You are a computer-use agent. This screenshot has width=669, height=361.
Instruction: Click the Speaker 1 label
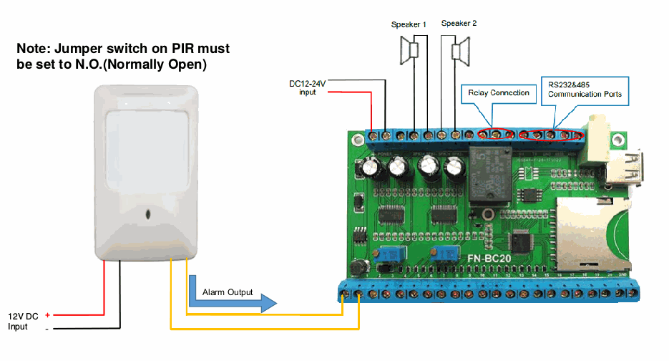point(409,24)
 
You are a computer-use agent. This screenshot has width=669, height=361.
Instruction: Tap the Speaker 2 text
point(459,23)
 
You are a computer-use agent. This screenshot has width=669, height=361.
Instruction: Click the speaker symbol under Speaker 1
point(410,52)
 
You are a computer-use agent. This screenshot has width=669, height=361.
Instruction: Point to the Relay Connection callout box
point(499,92)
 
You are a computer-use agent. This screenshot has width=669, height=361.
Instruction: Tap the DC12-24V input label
point(308,87)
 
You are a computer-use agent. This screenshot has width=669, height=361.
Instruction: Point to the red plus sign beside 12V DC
point(47,314)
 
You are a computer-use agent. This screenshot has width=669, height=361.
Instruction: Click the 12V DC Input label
point(24,320)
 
